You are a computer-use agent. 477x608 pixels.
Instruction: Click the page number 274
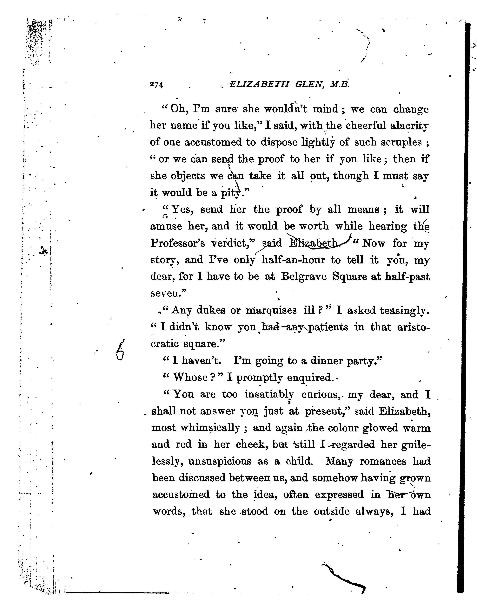pyautogui.click(x=157, y=85)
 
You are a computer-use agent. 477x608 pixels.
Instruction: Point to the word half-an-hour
pyautogui.click(x=294, y=260)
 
